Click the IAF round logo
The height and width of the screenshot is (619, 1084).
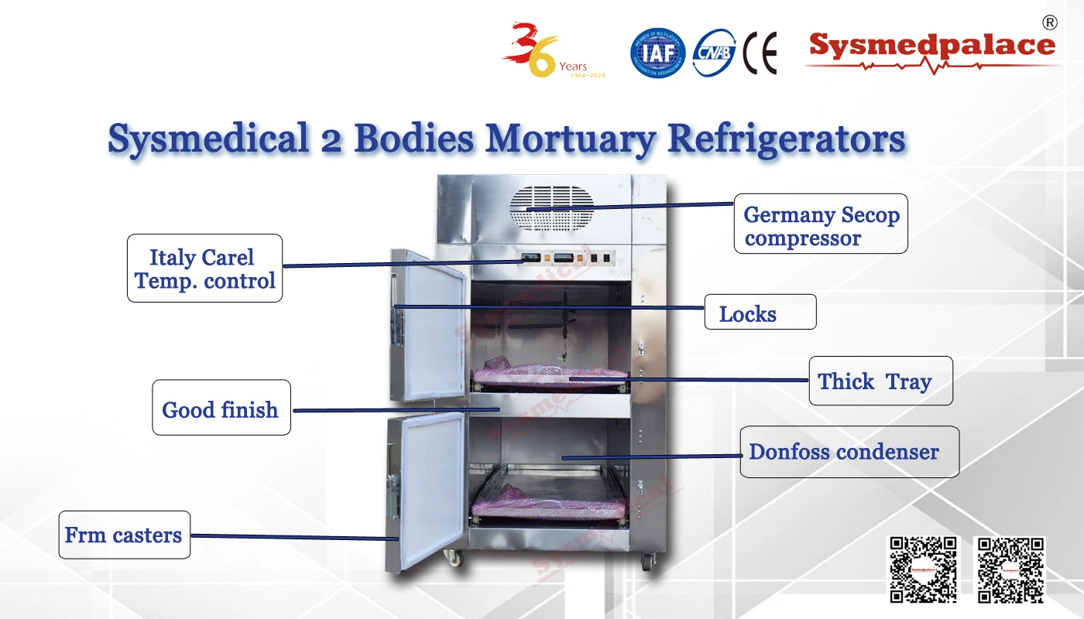657,53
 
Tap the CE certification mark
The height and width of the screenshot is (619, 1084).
759,53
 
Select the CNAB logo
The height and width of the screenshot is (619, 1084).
713,53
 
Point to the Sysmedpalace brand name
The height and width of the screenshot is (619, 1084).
931,46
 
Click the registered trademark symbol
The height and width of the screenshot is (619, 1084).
1049,22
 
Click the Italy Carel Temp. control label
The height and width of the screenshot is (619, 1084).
204,268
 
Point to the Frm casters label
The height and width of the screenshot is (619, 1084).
124,535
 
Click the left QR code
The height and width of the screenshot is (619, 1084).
922,569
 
